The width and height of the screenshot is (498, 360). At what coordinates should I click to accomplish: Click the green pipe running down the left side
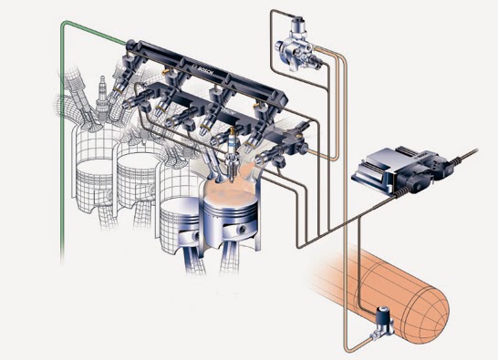(61, 164)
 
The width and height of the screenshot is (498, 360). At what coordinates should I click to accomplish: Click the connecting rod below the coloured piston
(239, 264)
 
